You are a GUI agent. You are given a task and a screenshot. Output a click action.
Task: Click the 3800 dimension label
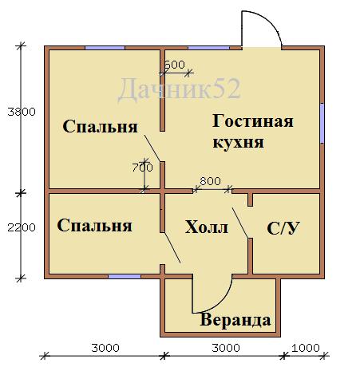pyautogui.click(x=22, y=112)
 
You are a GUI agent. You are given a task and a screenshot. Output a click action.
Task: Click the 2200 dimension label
pyautogui.click(x=22, y=227)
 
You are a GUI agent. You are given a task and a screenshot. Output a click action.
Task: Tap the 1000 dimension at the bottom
pyautogui.click(x=306, y=348)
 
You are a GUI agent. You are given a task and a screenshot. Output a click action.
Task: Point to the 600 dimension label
pyautogui.click(x=175, y=65)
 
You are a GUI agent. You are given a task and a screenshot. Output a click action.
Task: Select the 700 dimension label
pyautogui.click(x=143, y=168)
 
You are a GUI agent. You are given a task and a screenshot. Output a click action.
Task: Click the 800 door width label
pyautogui.click(x=210, y=181)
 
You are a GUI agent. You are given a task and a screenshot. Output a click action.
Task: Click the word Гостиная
pyautogui.click(x=253, y=121)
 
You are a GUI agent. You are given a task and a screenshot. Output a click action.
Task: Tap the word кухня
pyautogui.click(x=239, y=143)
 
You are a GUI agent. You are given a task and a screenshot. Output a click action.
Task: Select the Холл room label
pyautogui.click(x=207, y=227)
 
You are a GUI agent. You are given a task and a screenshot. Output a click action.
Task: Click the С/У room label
pyautogui.click(x=283, y=228)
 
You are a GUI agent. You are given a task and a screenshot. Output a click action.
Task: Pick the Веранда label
pyautogui.click(x=235, y=320)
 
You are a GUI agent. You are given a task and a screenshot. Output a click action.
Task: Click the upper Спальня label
pyautogui.click(x=100, y=126)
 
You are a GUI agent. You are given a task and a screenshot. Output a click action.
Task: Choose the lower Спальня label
pyautogui.click(x=94, y=226)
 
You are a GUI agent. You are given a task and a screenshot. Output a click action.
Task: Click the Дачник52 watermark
pyautogui.click(x=179, y=89)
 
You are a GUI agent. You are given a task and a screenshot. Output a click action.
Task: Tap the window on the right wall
pyautogui.click(x=322, y=123)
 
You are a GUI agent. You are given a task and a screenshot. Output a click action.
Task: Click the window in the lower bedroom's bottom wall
pyautogui.click(x=125, y=277)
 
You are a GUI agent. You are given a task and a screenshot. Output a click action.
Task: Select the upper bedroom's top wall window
pyautogui.click(x=105, y=48)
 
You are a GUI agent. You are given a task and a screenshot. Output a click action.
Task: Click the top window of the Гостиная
pyautogui.click(x=208, y=48)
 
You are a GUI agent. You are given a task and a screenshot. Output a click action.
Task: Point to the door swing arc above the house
pyautogui.click(x=271, y=21)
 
